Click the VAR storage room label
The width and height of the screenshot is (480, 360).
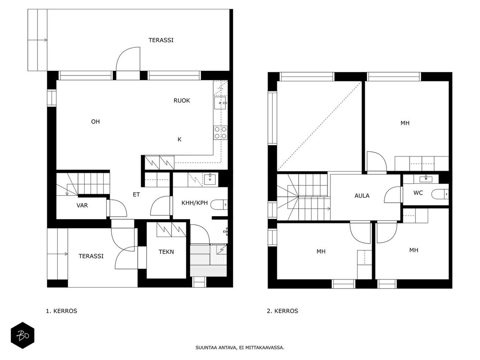click(82, 205)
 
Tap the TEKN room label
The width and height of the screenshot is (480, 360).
click(166, 252)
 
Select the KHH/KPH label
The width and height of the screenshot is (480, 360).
click(195, 203)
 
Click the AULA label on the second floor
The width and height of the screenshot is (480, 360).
click(362, 196)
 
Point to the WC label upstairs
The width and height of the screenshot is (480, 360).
click(418, 193)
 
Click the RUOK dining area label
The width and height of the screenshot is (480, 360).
click(182, 100)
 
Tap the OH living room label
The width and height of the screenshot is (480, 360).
click(96, 121)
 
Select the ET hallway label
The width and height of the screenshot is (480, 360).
click(136, 194)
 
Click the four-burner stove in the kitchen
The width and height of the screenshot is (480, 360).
click(221, 133)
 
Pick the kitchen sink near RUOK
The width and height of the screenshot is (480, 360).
click(220, 103)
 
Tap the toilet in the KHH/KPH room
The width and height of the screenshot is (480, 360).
click(219, 204)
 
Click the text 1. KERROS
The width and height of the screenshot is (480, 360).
click(62, 311)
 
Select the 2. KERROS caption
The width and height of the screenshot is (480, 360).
click(282, 311)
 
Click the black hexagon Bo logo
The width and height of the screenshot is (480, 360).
click(23, 336)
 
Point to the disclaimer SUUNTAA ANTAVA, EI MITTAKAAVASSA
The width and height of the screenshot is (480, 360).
click(240, 347)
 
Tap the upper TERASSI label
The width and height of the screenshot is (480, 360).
click(161, 40)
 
